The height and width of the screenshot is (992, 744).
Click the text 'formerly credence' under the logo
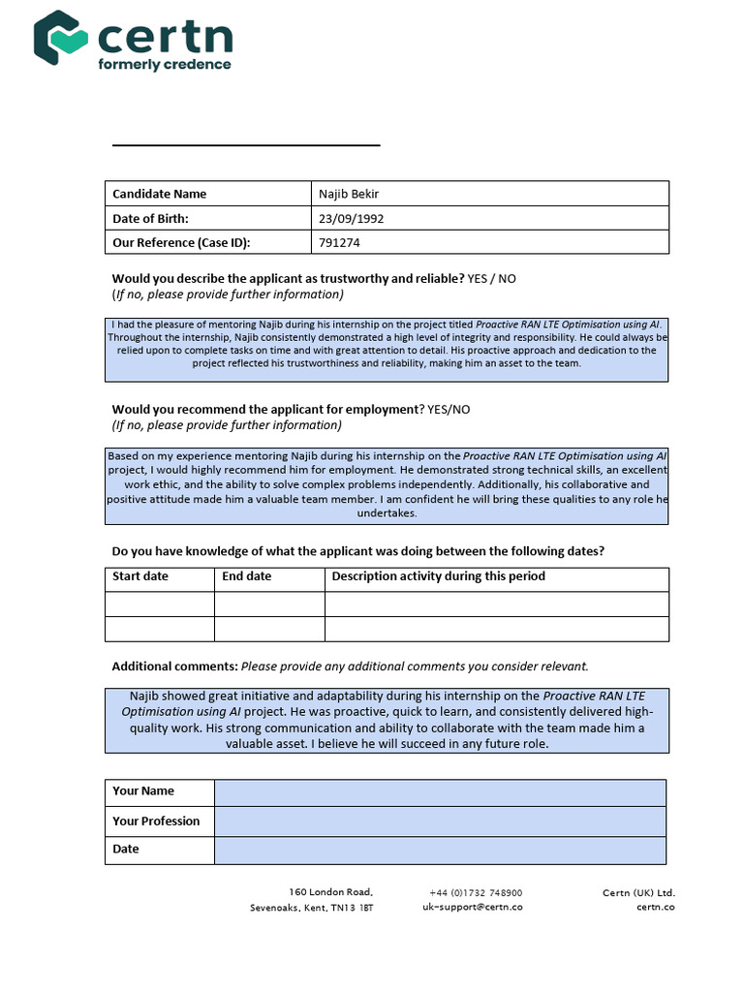point(165,65)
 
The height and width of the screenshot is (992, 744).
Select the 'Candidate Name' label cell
point(159,194)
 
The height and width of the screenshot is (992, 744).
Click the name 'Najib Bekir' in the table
point(350,194)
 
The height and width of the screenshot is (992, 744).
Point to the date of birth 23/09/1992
point(351,218)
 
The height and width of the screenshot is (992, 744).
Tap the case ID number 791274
point(339,243)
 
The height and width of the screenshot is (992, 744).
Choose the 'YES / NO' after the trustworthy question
point(491,278)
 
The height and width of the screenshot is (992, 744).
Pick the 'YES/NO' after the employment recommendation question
point(449,409)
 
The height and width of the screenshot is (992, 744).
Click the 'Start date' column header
point(140,576)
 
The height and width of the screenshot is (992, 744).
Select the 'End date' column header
point(247,576)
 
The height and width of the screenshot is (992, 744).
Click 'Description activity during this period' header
point(438,576)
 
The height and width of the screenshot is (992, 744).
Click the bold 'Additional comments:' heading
point(174,666)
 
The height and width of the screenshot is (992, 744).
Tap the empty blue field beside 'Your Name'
point(440,792)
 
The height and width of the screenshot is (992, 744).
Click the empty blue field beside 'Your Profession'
point(440,821)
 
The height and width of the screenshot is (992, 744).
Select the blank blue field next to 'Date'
point(440,850)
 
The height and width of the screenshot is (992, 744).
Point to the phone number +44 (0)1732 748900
point(476,893)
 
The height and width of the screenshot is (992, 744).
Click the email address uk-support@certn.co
point(473,908)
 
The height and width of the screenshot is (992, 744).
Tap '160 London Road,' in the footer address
point(330,892)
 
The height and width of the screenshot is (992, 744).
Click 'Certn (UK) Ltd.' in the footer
point(638,893)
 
